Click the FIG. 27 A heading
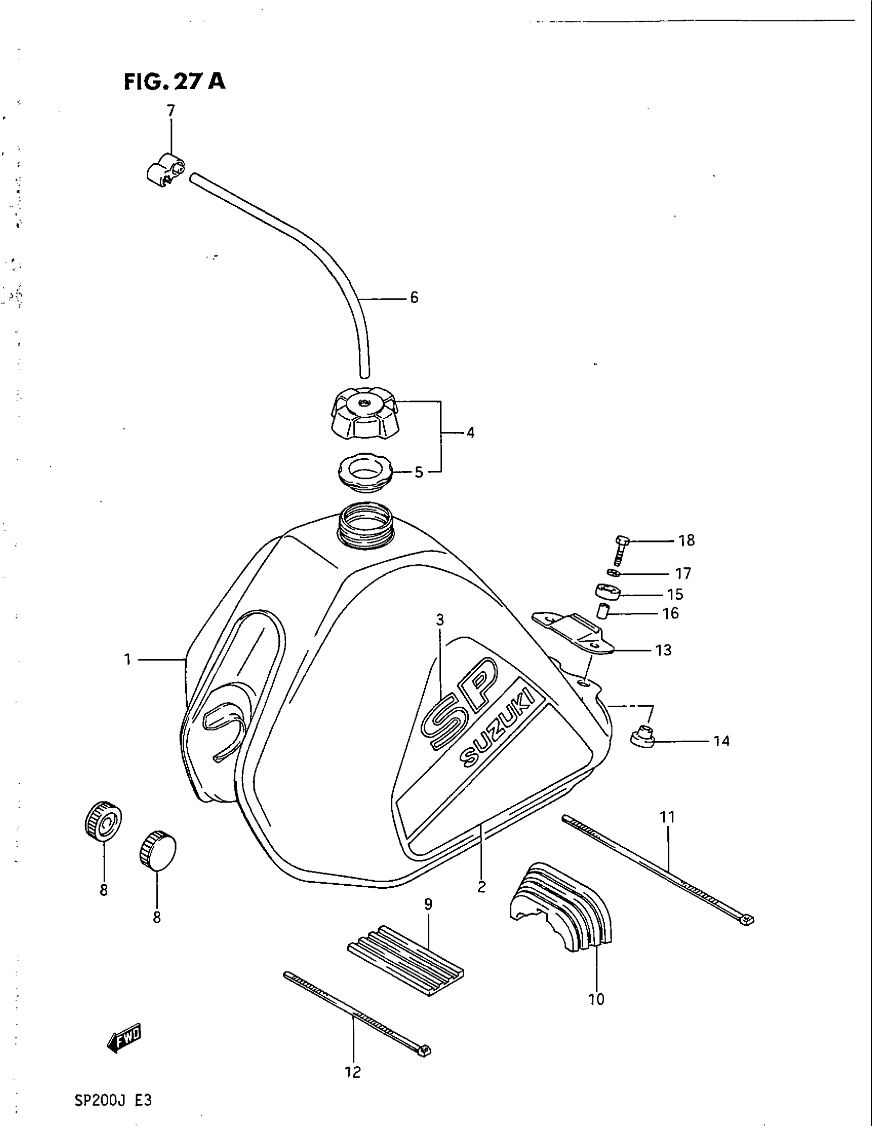174,82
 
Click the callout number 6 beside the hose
414,298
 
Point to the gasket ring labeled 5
365,473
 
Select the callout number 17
683,574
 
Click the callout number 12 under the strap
353,1073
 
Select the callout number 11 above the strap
667,818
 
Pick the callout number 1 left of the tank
127,659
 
